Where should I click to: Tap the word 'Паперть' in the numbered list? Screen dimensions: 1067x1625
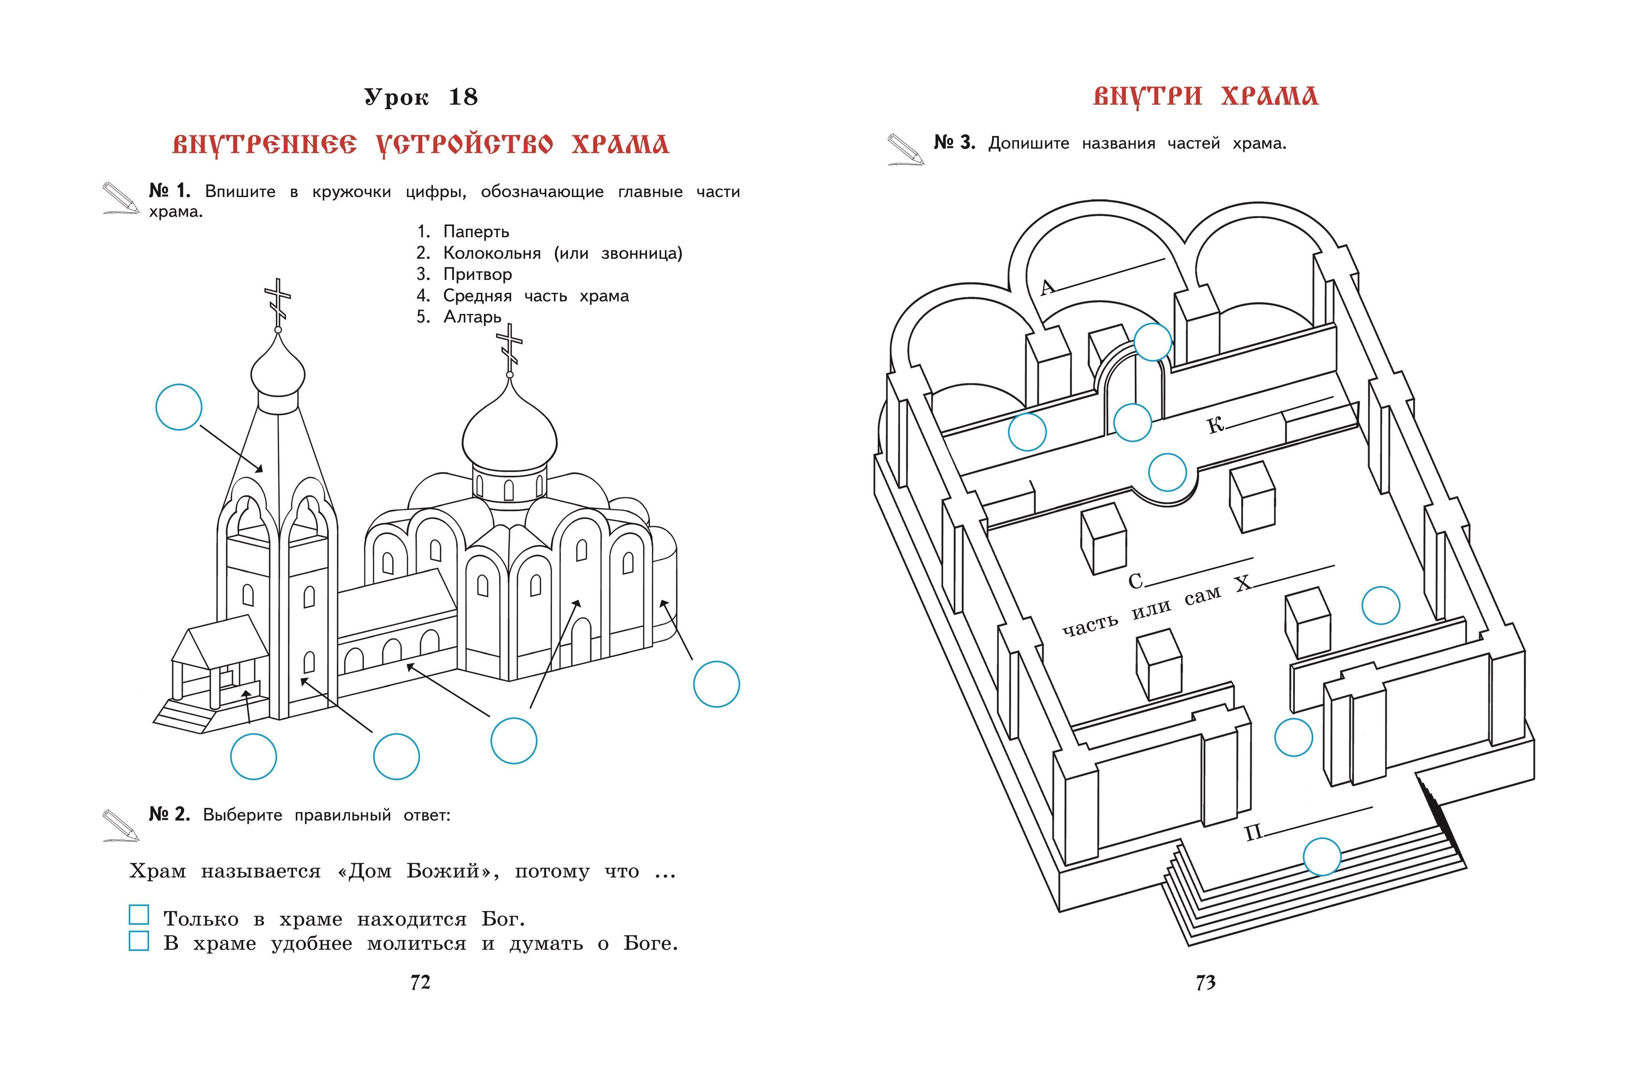click(476, 232)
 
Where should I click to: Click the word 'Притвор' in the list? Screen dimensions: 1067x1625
click(477, 274)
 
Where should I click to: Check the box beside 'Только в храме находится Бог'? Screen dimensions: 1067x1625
click(139, 915)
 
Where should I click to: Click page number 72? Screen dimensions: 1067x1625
click(421, 982)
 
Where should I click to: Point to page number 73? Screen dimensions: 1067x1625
click(1205, 982)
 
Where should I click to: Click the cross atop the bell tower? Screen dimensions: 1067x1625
click(277, 300)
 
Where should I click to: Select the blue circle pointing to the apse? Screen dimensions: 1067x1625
click(716, 684)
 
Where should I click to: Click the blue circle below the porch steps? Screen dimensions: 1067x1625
click(253, 756)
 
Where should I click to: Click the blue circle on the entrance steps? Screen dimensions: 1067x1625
click(1322, 857)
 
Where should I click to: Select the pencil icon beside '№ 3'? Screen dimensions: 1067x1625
click(905, 149)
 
